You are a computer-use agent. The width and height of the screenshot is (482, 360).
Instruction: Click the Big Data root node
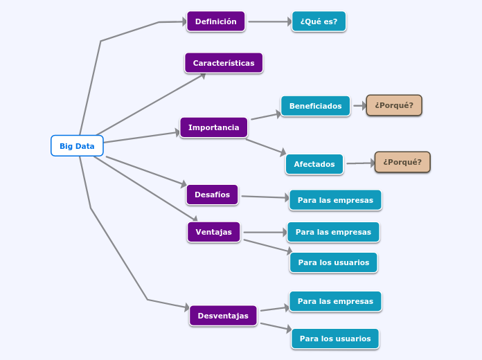[x=77, y=146]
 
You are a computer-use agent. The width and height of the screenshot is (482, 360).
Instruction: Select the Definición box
[x=215, y=21]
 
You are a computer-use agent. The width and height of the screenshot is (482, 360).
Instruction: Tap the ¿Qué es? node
[x=319, y=21]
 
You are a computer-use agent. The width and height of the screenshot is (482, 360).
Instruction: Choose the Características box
[x=223, y=63]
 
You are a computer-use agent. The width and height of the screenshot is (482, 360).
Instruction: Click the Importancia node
[x=213, y=127]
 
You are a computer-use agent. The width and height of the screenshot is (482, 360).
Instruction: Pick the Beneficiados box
[x=315, y=106]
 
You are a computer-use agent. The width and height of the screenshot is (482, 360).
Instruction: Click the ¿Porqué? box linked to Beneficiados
[x=393, y=105]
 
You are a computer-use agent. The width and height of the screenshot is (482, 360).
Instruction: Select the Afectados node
[x=314, y=164]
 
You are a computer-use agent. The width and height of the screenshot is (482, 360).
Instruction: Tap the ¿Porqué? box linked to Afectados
[x=402, y=162]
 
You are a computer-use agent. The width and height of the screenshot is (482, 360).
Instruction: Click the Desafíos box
[x=212, y=195]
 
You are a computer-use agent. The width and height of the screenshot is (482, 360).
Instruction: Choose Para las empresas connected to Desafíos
[x=335, y=200]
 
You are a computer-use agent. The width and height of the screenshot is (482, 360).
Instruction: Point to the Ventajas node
[x=213, y=232]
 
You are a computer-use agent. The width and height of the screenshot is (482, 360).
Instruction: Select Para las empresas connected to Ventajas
[x=333, y=232]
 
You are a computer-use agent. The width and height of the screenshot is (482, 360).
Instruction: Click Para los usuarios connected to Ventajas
[x=333, y=262]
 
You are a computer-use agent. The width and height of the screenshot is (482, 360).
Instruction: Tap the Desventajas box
[x=223, y=316]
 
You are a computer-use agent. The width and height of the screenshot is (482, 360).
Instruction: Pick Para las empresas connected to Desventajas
[x=335, y=301]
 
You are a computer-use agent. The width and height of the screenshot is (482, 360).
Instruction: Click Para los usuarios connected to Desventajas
[x=335, y=339]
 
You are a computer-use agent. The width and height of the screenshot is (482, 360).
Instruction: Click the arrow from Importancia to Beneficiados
[x=265, y=116]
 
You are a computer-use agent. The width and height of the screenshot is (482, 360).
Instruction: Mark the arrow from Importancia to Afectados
[x=265, y=146]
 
